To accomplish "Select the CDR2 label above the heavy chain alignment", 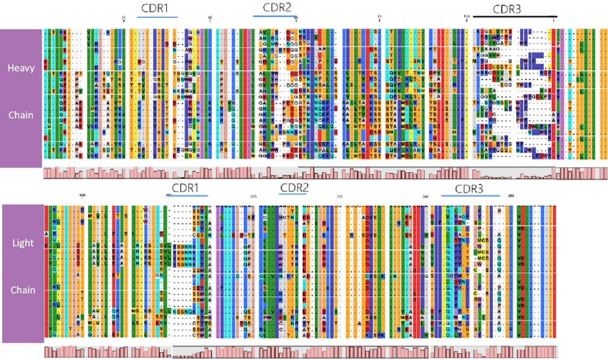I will coord(277,7).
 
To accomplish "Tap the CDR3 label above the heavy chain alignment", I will coord(507,8).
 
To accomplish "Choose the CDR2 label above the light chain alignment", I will coord(294,187).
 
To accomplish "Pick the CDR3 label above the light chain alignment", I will coord(469,188).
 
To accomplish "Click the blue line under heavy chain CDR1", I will coord(157,16).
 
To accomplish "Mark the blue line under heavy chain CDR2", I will coord(275,16).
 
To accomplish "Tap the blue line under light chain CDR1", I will coord(188,195).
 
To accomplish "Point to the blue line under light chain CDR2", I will coord(292,195).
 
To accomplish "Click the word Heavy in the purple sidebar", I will coord(21,68).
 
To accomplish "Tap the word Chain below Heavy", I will coord(21,115).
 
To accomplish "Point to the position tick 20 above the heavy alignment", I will coord(124,18).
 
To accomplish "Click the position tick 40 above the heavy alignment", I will coord(211,18).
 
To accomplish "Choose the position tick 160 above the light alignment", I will coord(82,195).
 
